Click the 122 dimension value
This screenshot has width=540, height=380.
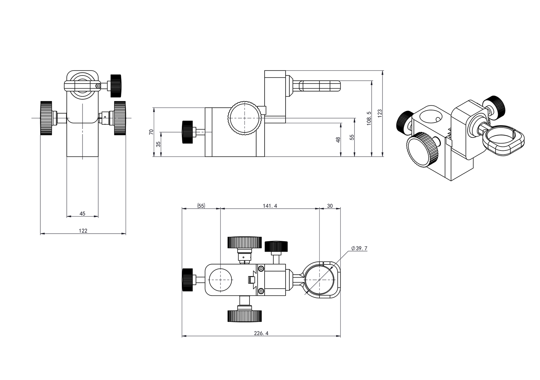(x=83, y=231)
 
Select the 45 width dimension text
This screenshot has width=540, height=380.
(x=82, y=213)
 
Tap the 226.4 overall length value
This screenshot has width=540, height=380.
(x=261, y=333)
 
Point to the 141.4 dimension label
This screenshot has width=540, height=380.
(x=270, y=206)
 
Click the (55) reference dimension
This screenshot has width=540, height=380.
(x=201, y=206)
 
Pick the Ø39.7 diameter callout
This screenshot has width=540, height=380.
(x=359, y=248)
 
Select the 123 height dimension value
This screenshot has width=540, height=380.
(x=380, y=113)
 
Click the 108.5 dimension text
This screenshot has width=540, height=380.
(x=369, y=118)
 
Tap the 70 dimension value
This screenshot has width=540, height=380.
(x=151, y=132)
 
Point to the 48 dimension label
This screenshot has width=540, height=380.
(x=338, y=140)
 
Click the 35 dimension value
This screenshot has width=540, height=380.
(x=158, y=144)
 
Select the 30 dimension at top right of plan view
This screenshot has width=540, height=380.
(x=330, y=206)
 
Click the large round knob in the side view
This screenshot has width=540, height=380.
(x=245, y=118)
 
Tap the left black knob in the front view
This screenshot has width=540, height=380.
(x=46, y=118)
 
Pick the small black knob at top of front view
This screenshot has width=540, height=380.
(x=116, y=86)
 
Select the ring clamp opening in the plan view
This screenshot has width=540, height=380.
(x=319, y=280)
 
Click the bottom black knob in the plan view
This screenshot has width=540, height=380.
(x=245, y=316)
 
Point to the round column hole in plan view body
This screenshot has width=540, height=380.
(x=221, y=280)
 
